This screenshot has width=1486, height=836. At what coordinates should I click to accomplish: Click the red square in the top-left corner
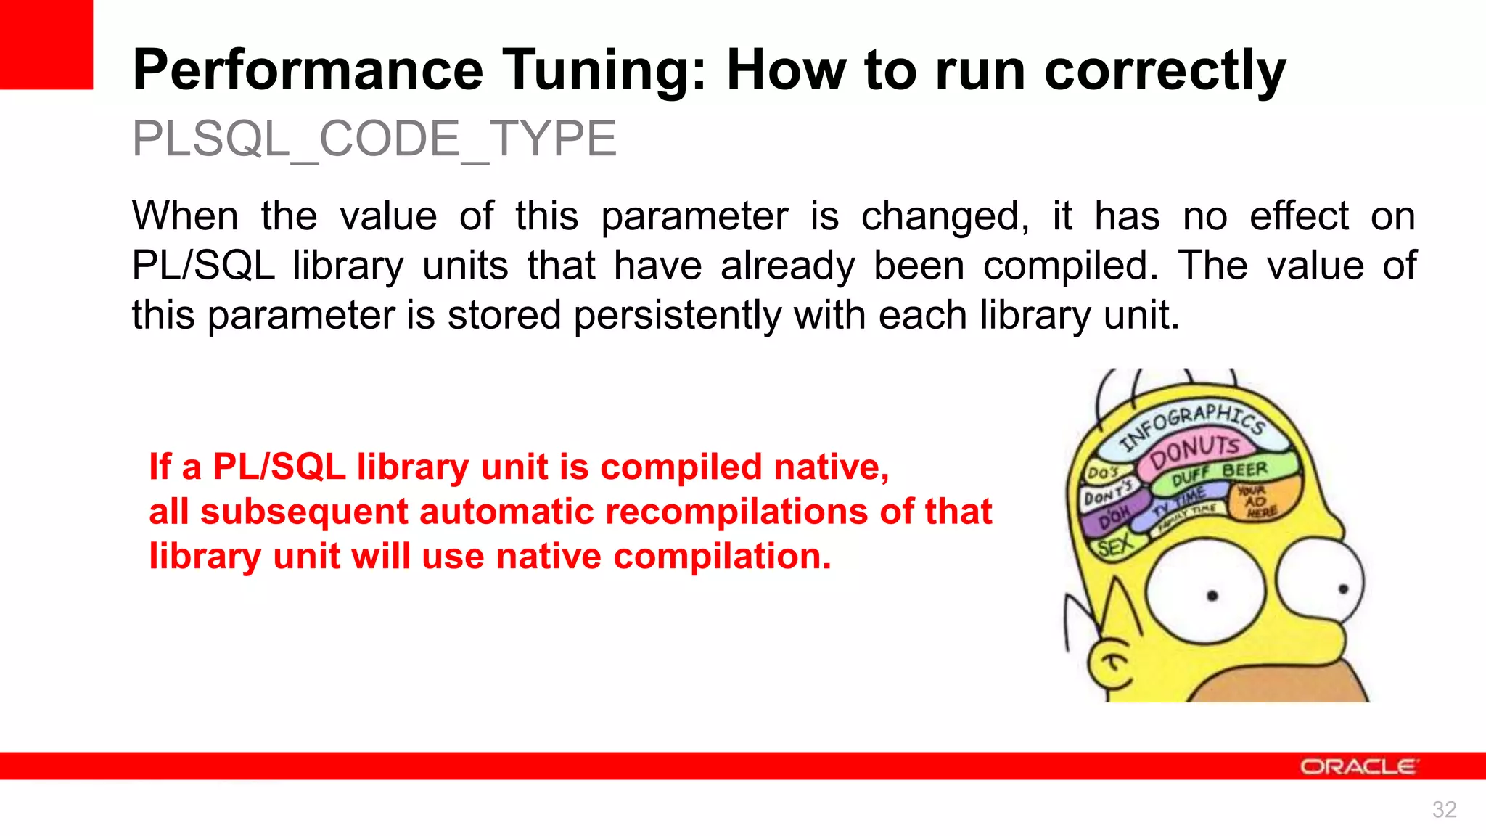(46, 44)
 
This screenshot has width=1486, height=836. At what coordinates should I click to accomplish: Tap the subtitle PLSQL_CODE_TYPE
(374, 139)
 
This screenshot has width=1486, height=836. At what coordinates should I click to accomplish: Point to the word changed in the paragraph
(945, 217)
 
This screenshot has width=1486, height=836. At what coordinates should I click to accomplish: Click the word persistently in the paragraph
(677, 316)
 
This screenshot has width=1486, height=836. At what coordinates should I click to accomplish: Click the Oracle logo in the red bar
(1358, 766)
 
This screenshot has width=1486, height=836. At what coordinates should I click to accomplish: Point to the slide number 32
(1444, 809)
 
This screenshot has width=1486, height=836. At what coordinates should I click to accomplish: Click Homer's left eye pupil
(1212, 597)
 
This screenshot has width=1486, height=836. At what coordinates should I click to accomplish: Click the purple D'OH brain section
(1113, 515)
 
